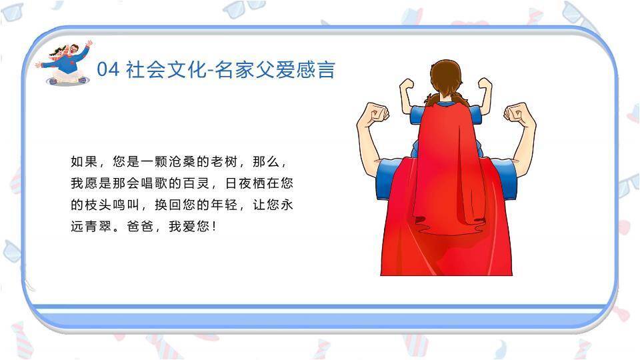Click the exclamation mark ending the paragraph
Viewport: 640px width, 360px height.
pyautogui.click(x=213, y=226)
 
